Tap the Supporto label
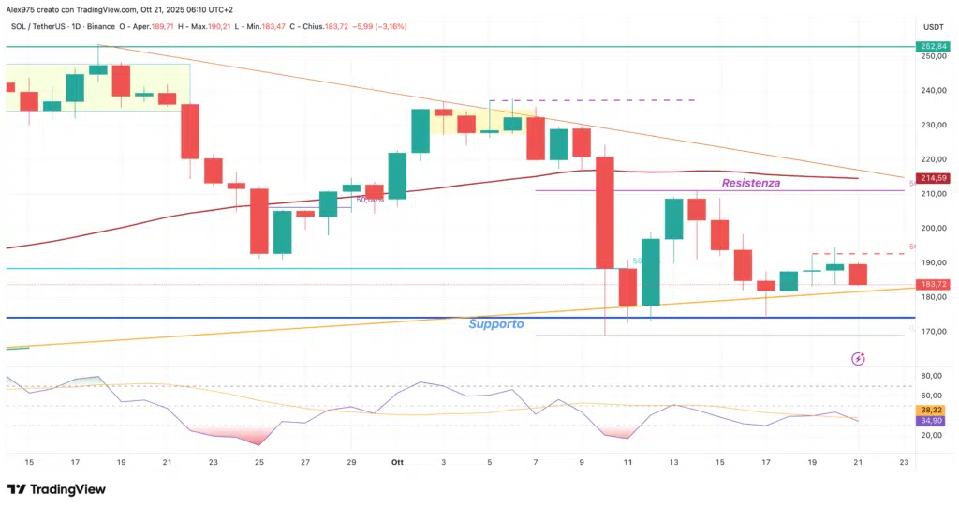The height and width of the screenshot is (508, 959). [495, 324]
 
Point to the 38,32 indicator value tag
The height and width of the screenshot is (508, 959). [932, 410]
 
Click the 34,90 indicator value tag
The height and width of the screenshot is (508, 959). [932, 425]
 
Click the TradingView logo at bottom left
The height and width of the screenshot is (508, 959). [56, 489]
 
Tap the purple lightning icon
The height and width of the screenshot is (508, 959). [858, 358]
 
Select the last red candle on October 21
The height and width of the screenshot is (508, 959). [857, 274]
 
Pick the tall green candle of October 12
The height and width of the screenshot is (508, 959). [650, 272]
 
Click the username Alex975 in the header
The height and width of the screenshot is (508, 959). [24, 9]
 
